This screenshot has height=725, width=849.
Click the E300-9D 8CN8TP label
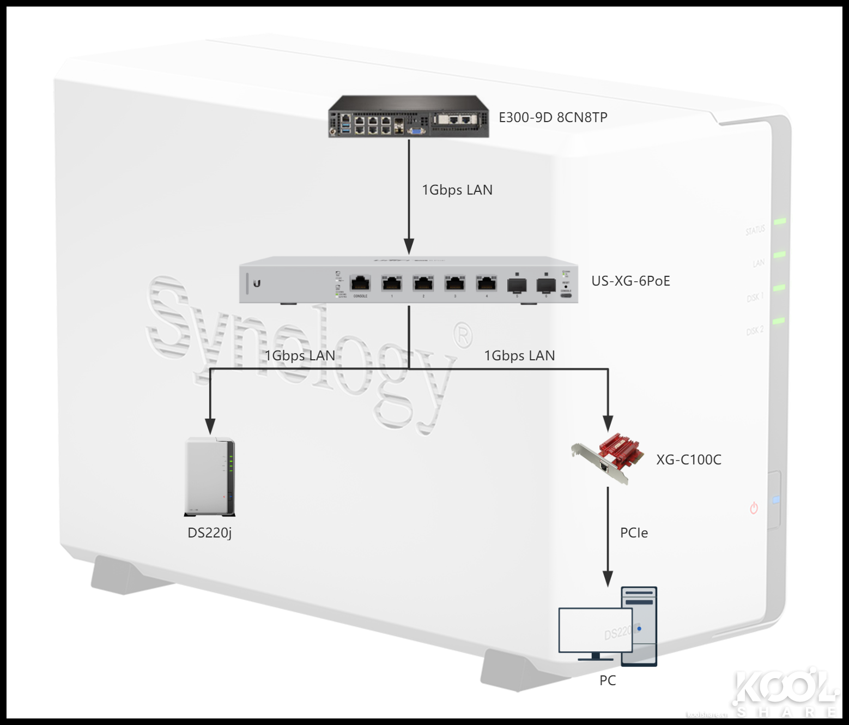click(x=553, y=117)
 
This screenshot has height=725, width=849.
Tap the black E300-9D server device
click(x=408, y=117)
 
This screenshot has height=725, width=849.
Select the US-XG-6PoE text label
click(x=630, y=281)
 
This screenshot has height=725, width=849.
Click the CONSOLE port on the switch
click(x=360, y=284)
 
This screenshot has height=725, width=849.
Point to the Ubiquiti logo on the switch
click(x=257, y=283)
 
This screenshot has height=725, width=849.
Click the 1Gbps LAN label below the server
click(x=457, y=190)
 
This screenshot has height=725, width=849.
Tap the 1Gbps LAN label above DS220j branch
click(x=300, y=356)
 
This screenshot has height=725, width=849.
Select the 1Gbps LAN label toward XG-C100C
click(x=519, y=356)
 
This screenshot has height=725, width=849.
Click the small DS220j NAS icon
click(x=210, y=476)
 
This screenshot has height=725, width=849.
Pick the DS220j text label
click(x=210, y=533)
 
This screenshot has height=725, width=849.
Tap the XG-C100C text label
click(x=688, y=460)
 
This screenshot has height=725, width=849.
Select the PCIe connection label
click(x=634, y=533)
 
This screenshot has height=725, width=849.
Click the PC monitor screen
click(x=595, y=630)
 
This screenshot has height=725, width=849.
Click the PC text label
click(x=608, y=681)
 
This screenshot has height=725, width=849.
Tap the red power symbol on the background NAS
click(x=754, y=509)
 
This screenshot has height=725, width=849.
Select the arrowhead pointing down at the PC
click(x=608, y=579)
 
